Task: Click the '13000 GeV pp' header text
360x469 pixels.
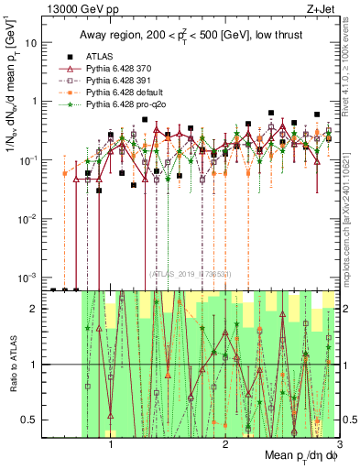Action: [70, 7]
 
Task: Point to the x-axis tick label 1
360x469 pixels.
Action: [111, 442]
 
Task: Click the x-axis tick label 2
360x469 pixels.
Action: [225, 442]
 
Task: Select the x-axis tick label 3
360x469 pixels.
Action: [339, 442]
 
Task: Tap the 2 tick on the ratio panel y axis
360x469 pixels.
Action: [35, 309]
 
